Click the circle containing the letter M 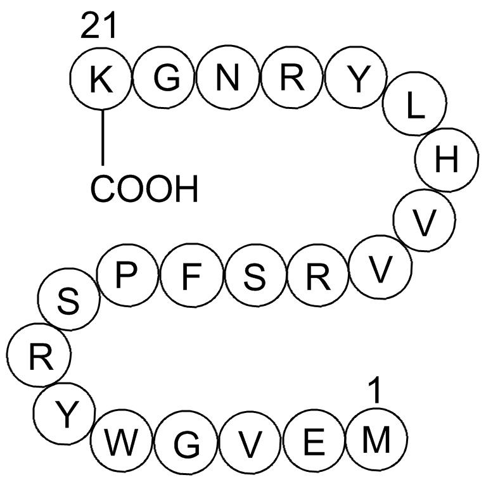point(376,439)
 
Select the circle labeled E point(314,441)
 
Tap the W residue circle point(122,440)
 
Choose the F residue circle point(192,276)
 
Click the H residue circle point(446,160)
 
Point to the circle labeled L point(414,103)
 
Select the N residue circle point(228,78)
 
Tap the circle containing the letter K point(101,79)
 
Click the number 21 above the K point(99,26)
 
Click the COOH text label point(144,189)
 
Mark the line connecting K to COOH point(103,137)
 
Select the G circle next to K point(165,77)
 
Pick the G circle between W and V point(186,442)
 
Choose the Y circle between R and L point(356,77)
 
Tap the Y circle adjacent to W point(64,414)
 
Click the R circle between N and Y point(292,77)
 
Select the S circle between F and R point(257,276)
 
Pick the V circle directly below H point(425,220)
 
